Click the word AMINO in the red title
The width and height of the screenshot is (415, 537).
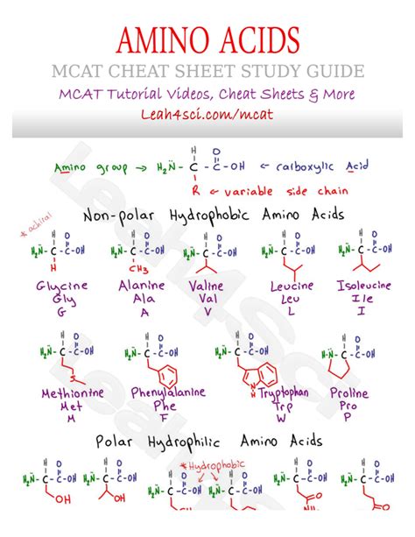click(x=165, y=39)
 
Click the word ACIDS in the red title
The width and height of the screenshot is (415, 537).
click(x=257, y=39)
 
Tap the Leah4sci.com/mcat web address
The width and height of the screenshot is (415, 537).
click(x=207, y=114)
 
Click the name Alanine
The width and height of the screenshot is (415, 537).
click(x=141, y=286)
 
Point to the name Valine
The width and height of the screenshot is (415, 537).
click(x=208, y=286)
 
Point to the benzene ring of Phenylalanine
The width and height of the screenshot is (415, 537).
click(x=168, y=371)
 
